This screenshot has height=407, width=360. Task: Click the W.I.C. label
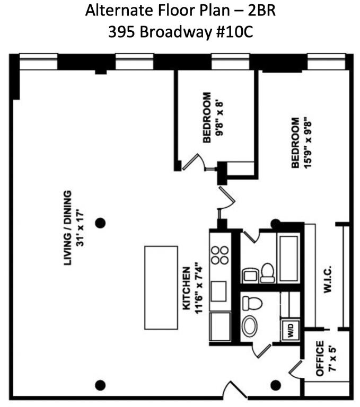click(327, 279)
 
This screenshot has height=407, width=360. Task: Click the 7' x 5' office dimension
click(331, 359)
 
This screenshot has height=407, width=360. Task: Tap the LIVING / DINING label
click(67, 227)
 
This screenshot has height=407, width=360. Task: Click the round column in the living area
click(100, 223)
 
